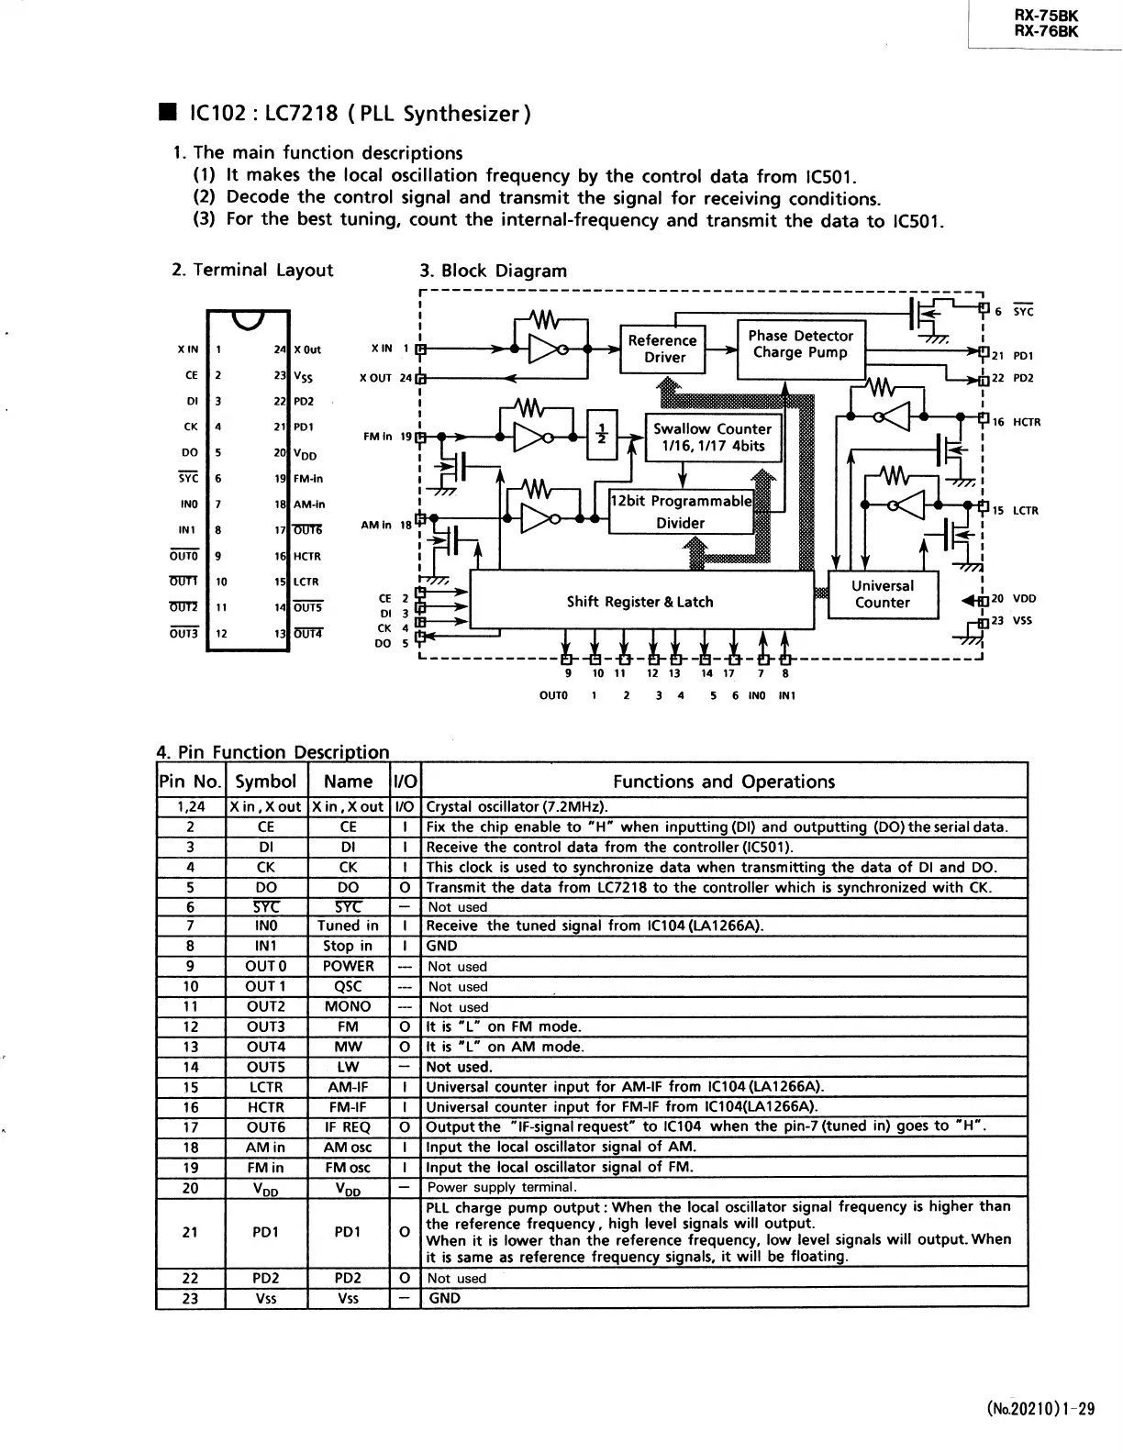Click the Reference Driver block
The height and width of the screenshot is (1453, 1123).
tap(663, 349)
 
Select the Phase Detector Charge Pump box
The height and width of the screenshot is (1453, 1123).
tap(800, 345)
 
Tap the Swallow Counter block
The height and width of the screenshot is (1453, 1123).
tap(711, 438)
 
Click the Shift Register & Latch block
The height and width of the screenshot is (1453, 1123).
tap(639, 602)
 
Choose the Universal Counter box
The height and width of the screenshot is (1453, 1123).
tap(882, 594)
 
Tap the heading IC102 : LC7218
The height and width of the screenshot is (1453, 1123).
tap(360, 114)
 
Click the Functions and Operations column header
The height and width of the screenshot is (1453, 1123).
tap(724, 782)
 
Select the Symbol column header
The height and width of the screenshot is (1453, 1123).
tap(266, 782)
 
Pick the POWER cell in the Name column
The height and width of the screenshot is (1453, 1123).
tap(348, 966)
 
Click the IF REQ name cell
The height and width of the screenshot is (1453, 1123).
tap(348, 1126)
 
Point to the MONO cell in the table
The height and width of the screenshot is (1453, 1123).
tap(348, 1006)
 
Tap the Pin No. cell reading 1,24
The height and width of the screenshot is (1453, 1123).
tap(191, 807)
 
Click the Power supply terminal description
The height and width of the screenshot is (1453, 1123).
tap(502, 1187)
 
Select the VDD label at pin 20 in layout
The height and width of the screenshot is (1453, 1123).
tap(306, 454)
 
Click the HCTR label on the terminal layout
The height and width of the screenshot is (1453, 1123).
tap(307, 556)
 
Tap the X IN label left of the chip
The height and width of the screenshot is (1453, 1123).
tap(187, 349)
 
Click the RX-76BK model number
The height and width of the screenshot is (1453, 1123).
tap(1046, 31)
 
